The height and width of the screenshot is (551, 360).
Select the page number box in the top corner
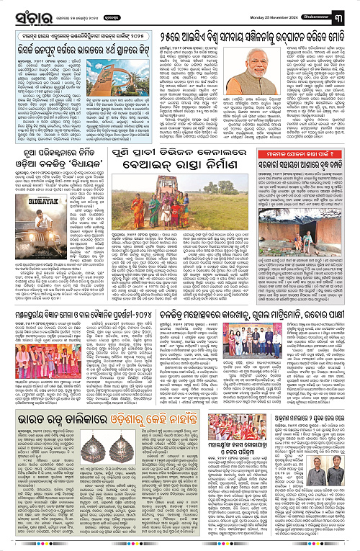tap(348, 14)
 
